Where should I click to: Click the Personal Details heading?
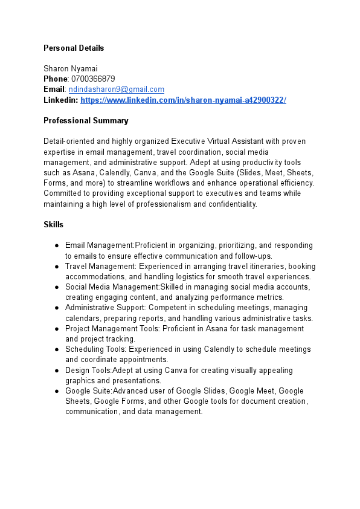click(x=74, y=48)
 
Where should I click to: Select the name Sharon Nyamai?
click(x=71, y=68)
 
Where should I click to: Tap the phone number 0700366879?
click(x=93, y=79)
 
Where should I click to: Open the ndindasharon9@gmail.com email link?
click(x=116, y=89)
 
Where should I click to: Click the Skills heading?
click(x=54, y=224)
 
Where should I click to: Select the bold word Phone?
click(x=56, y=79)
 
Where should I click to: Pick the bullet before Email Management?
click(x=56, y=245)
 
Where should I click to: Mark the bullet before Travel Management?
click(x=56, y=266)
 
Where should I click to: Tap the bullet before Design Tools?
click(x=56, y=370)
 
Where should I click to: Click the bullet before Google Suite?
click(x=56, y=391)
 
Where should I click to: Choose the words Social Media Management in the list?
click(x=112, y=287)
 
